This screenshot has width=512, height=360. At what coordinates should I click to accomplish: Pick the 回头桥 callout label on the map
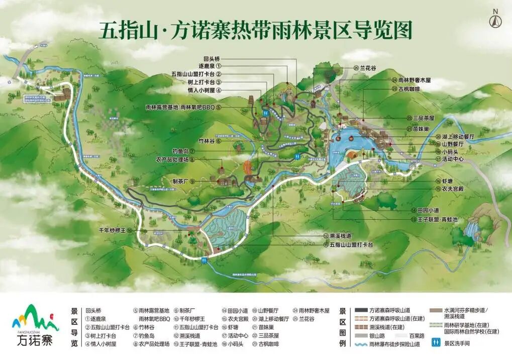click(x=212, y=59)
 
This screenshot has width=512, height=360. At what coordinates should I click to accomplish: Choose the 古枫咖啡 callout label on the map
click(x=408, y=89)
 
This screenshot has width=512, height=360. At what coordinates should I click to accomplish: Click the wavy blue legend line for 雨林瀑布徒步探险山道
click(x=361, y=345)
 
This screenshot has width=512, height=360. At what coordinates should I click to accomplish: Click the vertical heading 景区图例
click(x=343, y=327)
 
